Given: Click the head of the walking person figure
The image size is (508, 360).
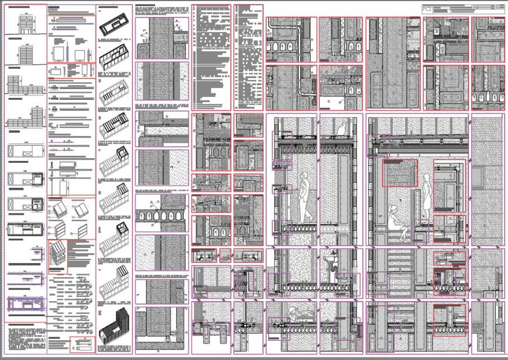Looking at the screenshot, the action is [x=304, y=177].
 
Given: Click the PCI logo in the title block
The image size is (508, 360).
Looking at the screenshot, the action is [x=429, y=10].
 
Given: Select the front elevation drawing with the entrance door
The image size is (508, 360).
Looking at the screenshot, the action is [x=26, y=23].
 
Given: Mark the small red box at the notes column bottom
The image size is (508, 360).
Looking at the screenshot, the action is [x=82, y=344].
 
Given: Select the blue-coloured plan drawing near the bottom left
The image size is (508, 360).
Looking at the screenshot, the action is [x=26, y=305].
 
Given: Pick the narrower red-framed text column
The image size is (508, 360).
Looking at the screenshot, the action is [x=249, y=57].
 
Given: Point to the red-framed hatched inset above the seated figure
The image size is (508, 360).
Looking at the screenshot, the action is [x=400, y=173].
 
